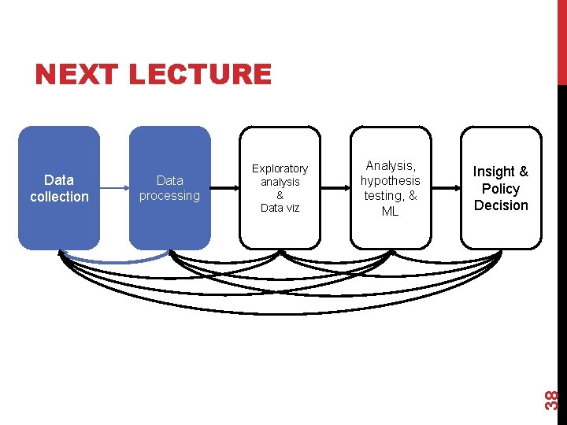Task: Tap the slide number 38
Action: (x=553, y=399)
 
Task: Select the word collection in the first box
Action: (x=60, y=197)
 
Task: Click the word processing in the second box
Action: (x=170, y=195)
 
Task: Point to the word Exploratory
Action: (x=280, y=168)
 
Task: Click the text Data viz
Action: (x=280, y=208)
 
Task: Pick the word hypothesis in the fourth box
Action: (x=391, y=180)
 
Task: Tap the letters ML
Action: (x=391, y=211)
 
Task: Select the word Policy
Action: (x=501, y=189)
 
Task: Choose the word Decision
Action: (x=501, y=205)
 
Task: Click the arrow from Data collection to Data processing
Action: (x=115, y=188)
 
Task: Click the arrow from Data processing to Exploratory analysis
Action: (x=225, y=188)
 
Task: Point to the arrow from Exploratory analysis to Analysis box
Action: (x=336, y=188)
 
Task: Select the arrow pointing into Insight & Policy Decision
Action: (x=447, y=188)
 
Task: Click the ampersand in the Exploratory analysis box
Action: (x=280, y=195)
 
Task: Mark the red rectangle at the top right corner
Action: (x=561, y=39)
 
